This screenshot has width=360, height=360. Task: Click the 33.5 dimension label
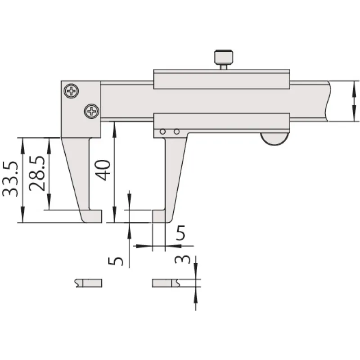(10, 179)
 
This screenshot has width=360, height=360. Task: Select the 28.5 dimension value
(37, 174)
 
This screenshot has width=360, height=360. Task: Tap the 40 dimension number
(103, 170)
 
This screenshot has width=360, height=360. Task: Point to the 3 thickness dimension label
(183, 260)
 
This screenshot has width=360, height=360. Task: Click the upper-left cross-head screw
(72, 91)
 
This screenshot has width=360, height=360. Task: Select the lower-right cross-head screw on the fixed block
(92, 111)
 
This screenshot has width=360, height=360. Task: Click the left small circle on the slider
(163, 132)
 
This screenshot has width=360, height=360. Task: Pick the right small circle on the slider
(176, 132)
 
